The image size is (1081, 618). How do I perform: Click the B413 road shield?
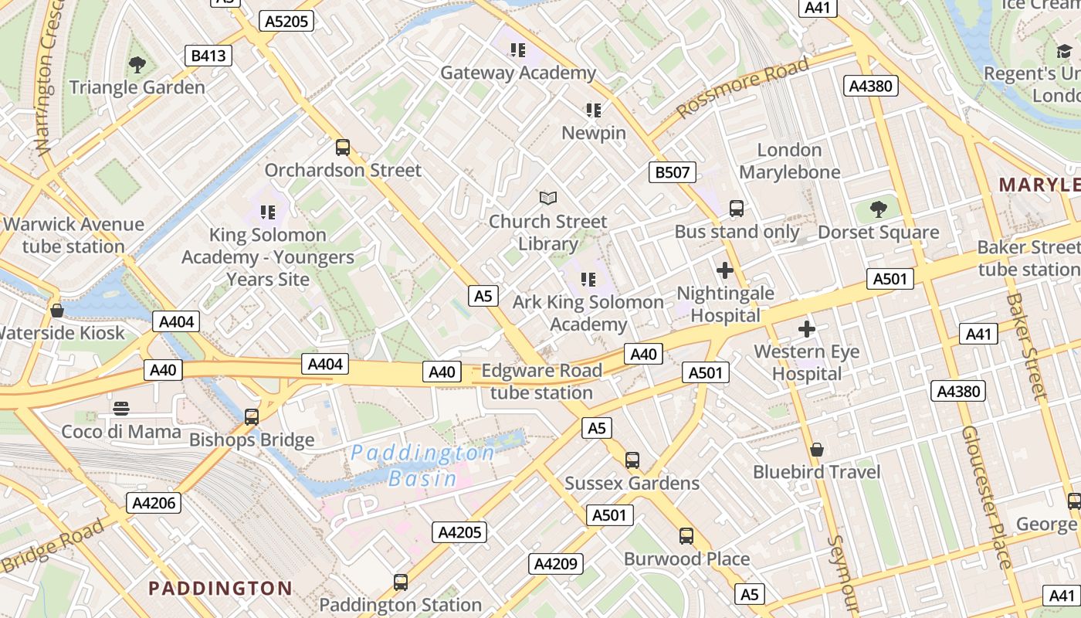tap(208, 56)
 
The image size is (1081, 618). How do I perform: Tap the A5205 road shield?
tap(286, 21)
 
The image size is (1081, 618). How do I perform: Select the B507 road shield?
tap(672, 172)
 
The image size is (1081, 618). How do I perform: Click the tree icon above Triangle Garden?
tap(137, 65)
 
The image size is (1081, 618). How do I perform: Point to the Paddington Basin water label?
tap(422, 465)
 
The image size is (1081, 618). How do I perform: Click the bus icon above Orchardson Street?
tap(343, 147)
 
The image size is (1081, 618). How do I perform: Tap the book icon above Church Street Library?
tap(548, 199)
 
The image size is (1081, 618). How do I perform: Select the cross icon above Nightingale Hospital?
tap(724, 270)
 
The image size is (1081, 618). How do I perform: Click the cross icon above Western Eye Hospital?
tap(807, 329)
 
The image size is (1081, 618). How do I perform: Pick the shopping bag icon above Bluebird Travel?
tap(817, 449)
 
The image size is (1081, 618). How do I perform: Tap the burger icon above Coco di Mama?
tap(121, 408)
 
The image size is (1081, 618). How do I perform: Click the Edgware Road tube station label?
tap(541, 382)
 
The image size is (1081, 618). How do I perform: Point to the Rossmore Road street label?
tap(743, 87)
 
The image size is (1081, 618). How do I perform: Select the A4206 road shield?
tap(155, 504)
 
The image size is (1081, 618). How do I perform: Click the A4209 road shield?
tap(555, 564)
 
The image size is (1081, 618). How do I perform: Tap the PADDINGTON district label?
tap(220, 589)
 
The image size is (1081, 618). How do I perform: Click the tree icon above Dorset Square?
tap(878, 209)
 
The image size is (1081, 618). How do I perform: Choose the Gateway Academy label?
tap(518, 73)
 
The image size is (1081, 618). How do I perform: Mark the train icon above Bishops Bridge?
tap(252, 417)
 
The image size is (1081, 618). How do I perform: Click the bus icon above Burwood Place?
tap(686, 535)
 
